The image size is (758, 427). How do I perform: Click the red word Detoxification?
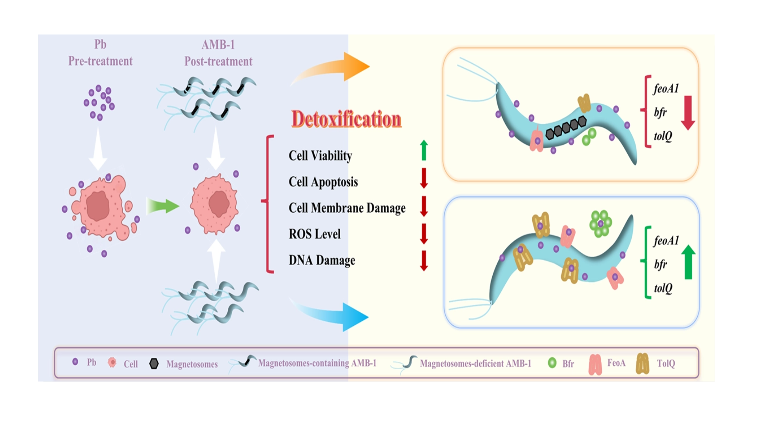click(346, 119)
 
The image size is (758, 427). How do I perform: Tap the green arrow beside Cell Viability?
click(424, 150)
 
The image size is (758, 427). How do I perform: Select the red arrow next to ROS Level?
click(424, 234)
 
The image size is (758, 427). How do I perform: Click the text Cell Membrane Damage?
click(347, 208)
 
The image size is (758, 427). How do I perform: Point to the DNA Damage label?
click(322, 260)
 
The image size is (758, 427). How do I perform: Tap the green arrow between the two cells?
click(163, 206)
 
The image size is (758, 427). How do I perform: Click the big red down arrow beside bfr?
click(688, 113)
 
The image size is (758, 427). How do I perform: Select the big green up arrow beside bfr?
click(688, 262)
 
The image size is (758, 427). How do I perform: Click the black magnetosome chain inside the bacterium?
click(566, 127)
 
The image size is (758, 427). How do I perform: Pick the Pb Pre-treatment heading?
click(100, 53)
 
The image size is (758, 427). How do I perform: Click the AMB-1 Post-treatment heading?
click(218, 53)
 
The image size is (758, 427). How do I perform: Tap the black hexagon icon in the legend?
click(154, 364)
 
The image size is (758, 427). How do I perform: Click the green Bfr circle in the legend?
click(552, 363)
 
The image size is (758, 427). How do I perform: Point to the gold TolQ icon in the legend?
click(642, 364)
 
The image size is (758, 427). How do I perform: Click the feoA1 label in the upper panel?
click(666, 89)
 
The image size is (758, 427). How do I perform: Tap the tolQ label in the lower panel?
click(663, 288)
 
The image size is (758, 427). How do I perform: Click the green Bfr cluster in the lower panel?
click(600, 224)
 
